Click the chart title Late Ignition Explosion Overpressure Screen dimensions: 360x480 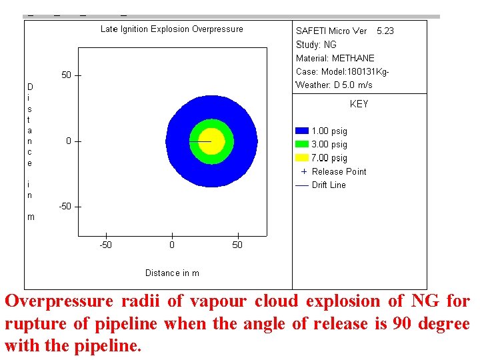click(171, 29)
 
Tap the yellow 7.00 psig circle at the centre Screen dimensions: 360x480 click(212, 141)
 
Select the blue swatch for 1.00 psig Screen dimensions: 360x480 click(302, 131)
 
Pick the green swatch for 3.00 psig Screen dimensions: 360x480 click(302, 145)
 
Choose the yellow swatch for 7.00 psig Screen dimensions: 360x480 click(302, 158)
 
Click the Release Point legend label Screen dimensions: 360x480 click(339, 172)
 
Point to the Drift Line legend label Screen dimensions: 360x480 click(329, 185)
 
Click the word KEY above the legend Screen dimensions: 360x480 click(359, 105)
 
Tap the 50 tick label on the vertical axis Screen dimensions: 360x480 click(67, 75)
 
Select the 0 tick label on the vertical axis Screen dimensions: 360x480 click(69, 141)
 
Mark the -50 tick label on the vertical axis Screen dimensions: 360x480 click(65, 207)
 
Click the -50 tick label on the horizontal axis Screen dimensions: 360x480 click(105, 245)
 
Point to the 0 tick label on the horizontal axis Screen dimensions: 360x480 click(172, 245)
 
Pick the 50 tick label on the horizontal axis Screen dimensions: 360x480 click(237, 245)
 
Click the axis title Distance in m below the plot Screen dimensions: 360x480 click(172, 273)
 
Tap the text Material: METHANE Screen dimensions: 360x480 click(335, 59)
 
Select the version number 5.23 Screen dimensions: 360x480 click(385, 31)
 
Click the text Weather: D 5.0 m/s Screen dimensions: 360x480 click(334, 85)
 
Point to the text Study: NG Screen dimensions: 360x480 click(316, 45)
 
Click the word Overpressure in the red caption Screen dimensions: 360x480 click(59, 301)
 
